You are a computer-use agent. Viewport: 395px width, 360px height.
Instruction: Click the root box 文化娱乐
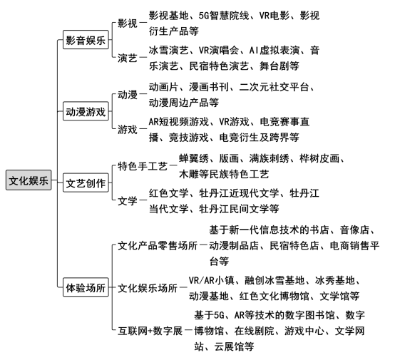click(29, 180)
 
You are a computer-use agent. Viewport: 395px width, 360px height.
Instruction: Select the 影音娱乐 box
click(86, 40)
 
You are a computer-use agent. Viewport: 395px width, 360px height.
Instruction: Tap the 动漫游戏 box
click(86, 111)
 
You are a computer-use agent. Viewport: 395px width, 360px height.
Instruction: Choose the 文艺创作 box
click(86, 182)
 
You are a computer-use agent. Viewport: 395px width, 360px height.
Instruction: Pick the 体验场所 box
click(86, 287)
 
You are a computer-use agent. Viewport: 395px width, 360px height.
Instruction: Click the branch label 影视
click(128, 24)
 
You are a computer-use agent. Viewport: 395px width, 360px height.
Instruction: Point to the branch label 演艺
click(128, 58)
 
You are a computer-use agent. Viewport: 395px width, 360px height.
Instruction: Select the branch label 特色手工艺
click(143, 167)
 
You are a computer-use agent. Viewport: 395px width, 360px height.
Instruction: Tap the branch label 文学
click(128, 201)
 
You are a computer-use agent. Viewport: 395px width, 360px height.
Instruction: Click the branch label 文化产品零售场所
click(158, 245)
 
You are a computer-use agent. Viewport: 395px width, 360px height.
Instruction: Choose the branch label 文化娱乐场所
click(148, 288)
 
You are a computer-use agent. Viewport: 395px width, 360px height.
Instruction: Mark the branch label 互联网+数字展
click(150, 331)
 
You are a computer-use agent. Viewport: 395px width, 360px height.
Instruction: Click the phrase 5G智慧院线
click(224, 16)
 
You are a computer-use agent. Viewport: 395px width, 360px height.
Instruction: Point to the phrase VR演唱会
click(219, 51)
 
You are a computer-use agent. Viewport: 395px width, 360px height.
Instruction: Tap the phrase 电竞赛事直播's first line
click(284, 122)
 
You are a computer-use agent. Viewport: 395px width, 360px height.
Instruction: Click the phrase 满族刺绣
click(269, 158)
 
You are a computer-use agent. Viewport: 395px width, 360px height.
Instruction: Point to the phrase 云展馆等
click(234, 346)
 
